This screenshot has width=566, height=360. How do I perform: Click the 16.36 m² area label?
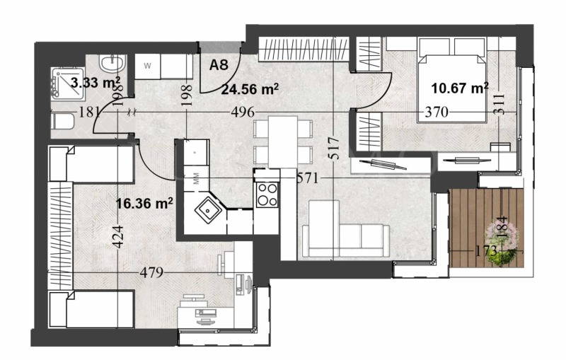coord(144,204)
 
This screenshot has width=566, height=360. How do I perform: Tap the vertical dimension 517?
coord(335,147)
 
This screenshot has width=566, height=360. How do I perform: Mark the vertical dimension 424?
coord(117,235)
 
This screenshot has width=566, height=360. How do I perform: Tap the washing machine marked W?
coord(149,66)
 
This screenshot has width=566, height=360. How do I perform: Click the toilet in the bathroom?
coord(62,122)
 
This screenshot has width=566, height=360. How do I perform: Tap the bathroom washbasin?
coord(111,65)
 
